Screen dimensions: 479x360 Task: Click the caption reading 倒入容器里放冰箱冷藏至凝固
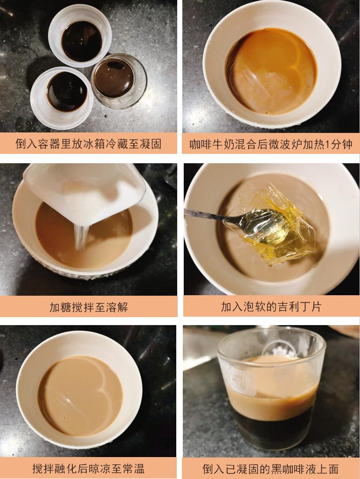coord(88,144)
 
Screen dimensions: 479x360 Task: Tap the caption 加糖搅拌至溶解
coord(88,307)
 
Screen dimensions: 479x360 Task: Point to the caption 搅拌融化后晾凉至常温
coord(88,468)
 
